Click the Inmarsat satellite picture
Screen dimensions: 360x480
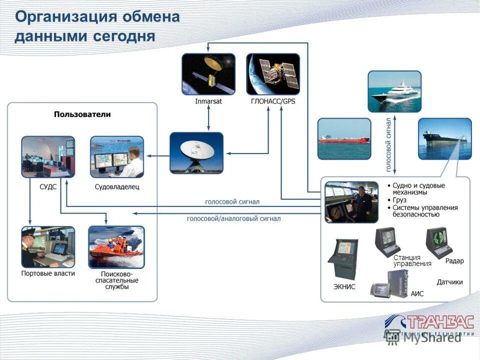(x=208, y=74)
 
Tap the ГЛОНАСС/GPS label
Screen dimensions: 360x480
(x=273, y=101)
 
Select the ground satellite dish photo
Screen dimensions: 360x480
(x=196, y=152)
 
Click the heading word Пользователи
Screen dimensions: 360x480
(x=82, y=114)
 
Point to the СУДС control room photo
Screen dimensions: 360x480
(x=48, y=156)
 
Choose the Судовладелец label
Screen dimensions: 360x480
(x=116, y=187)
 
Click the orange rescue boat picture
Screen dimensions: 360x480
(x=116, y=247)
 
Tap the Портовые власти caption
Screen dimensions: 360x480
(x=48, y=273)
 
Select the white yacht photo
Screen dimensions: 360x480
(x=394, y=91)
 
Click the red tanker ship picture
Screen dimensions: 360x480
(x=344, y=138)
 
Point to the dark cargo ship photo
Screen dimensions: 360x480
(x=444, y=138)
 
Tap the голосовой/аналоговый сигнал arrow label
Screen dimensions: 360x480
(x=233, y=218)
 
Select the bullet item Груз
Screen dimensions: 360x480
(x=400, y=200)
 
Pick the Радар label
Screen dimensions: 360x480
(x=454, y=261)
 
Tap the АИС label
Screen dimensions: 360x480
(x=416, y=293)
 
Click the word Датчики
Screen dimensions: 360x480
(x=449, y=282)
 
